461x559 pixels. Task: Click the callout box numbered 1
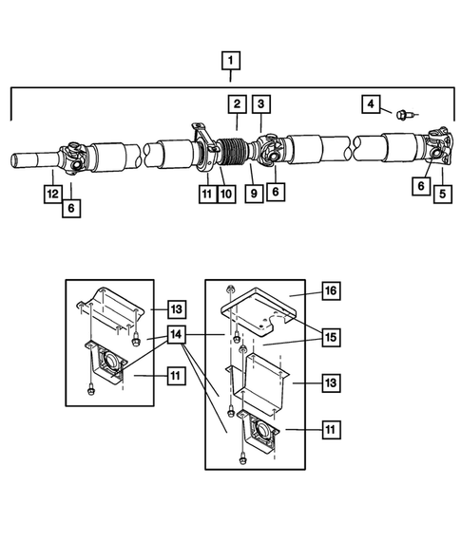(x=229, y=62)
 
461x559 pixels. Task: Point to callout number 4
(x=373, y=103)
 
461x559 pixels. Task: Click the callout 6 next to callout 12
(x=71, y=206)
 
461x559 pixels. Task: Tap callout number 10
(x=226, y=194)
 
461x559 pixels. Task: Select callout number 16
(x=330, y=290)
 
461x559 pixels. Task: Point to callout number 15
(x=330, y=336)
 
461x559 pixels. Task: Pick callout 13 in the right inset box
(x=330, y=382)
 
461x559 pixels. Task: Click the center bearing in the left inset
(x=107, y=364)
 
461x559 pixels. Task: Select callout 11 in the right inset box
(x=330, y=431)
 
